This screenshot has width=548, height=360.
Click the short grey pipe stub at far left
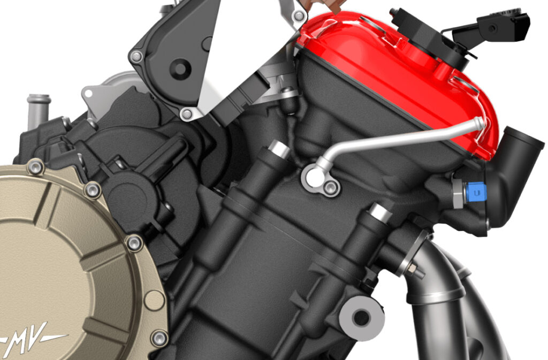(39, 107)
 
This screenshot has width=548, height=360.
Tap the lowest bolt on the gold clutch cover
(159, 338)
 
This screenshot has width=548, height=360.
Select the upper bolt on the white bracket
(137, 56)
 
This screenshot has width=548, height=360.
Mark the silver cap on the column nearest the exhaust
(381, 213)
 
